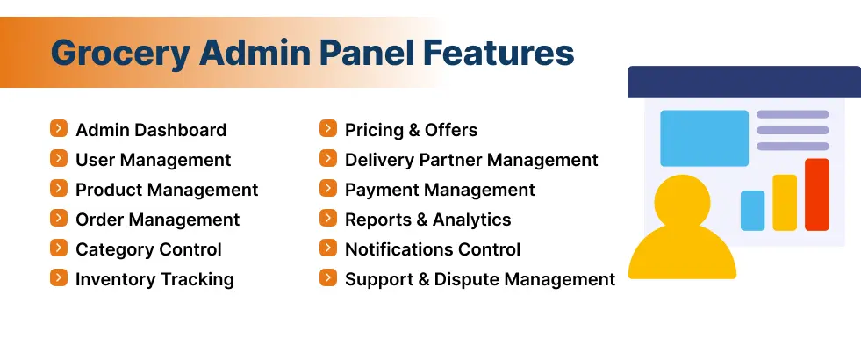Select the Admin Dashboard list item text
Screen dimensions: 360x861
point(150,130)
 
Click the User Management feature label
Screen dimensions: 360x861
point(153,160)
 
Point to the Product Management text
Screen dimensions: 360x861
point(166,190)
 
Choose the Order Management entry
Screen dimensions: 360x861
point(157,220)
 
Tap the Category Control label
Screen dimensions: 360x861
point(148,249)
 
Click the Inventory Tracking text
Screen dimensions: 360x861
point(154,279)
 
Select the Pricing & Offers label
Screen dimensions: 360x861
point(411,130)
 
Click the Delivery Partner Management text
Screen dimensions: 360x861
point(471,160)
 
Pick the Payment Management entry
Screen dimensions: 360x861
point(440,190)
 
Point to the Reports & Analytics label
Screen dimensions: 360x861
point(427,220)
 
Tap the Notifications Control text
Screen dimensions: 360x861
point(433,249)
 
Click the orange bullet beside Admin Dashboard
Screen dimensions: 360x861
point(59,129)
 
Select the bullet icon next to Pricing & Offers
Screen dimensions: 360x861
point(328,129)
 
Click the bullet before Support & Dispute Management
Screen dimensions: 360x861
point(328,278)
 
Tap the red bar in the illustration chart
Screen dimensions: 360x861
point(816,194)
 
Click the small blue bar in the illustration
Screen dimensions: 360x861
point(752,211)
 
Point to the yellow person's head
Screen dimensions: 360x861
point(681,202)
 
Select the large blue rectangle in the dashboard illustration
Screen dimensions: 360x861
point(704,138)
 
